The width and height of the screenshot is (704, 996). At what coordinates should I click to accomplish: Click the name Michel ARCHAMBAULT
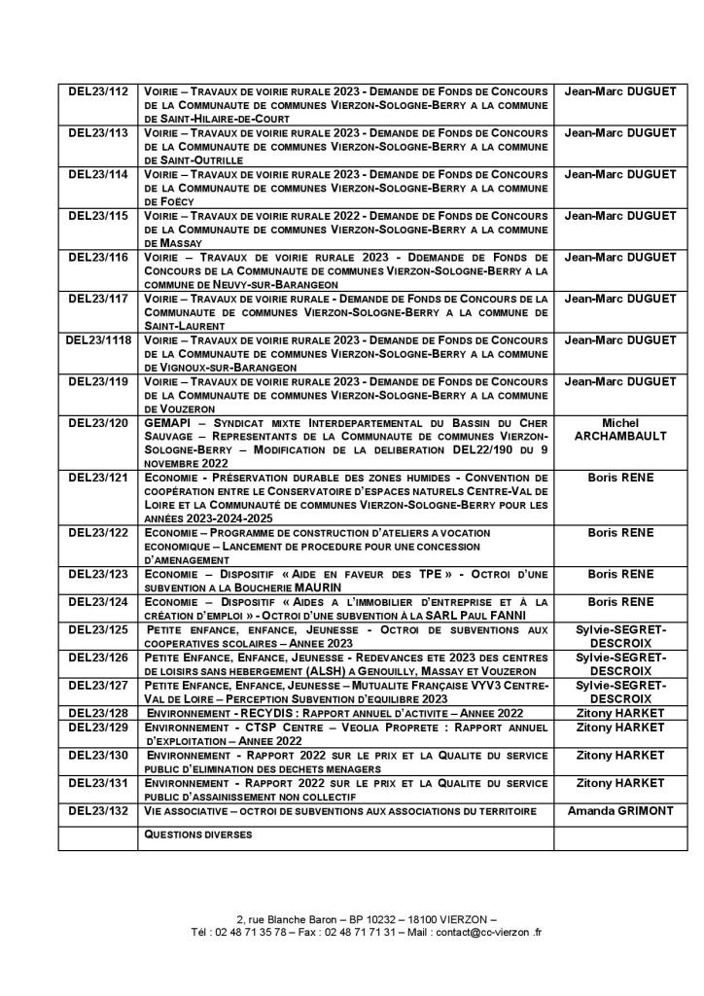tap(621, 430)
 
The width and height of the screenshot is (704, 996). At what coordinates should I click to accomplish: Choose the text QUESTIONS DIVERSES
tap(197, 835)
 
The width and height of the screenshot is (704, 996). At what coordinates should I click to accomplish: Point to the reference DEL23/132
tap(98, 810)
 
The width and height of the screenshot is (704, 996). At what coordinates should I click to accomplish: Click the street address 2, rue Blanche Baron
tap(291, 919)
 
